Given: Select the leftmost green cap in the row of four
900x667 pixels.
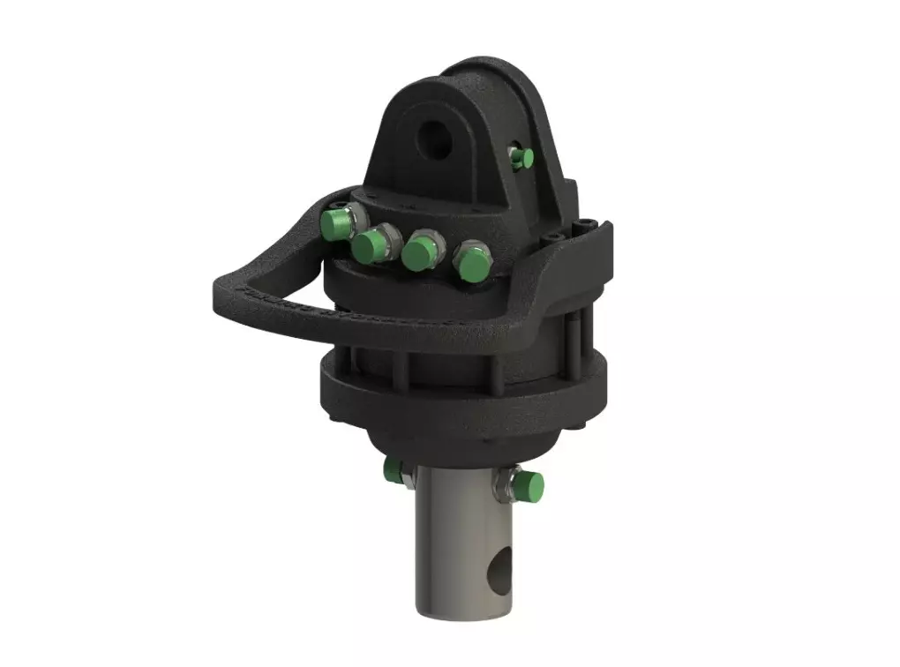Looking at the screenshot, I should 334,222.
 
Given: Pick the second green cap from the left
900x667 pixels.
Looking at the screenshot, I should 371,246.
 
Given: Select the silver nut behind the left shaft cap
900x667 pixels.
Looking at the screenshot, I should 405,476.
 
